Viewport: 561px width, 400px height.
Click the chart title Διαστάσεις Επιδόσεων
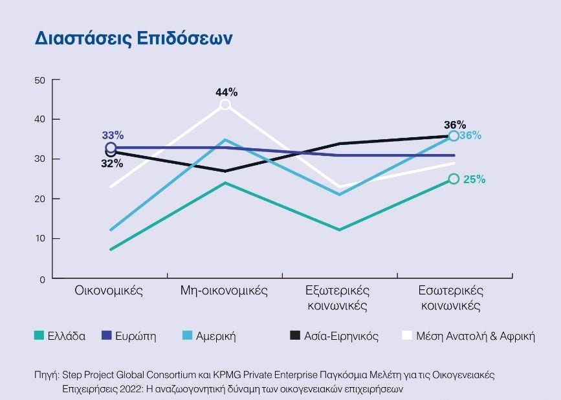click(x=133, y=38)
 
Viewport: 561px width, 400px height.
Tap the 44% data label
click(x=226, y=93)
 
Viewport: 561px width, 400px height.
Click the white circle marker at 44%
click(x=225, y=105)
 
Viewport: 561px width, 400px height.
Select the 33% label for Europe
click(x=113, y=135)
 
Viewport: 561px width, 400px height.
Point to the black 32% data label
click(x=112, y=164)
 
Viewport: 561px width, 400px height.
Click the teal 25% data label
click(x=474, y=179)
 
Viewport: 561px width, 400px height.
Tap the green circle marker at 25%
click(x=454, y=179)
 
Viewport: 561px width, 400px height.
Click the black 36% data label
click(x=455, y=124)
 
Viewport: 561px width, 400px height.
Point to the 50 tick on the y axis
click(x=40, y=80)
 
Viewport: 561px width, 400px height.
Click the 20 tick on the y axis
click(x=40, y=199)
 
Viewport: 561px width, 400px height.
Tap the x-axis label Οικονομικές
click(x=109, y=291)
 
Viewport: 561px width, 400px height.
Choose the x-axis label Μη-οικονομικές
click(x=224, y=291)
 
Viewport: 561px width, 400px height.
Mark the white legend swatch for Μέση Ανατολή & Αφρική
click(x=407, y=336)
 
